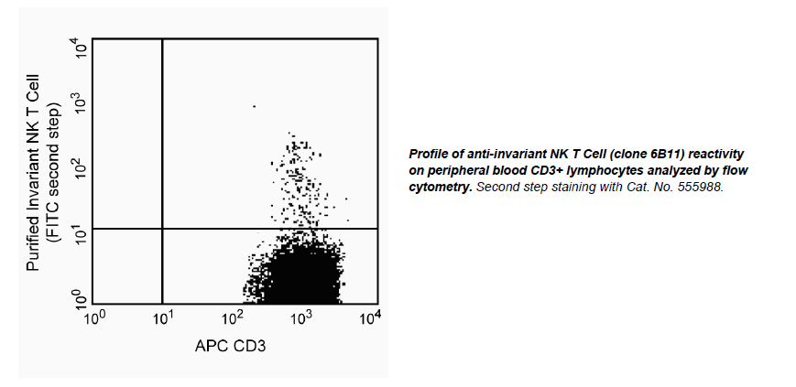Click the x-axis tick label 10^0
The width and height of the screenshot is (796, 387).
pos(94,317)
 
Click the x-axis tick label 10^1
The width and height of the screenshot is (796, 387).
pos(163,317)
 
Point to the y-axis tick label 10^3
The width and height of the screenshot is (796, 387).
pos(80,102)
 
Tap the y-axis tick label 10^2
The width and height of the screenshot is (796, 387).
pos(80,167)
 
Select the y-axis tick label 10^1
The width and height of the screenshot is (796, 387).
pos(80,232)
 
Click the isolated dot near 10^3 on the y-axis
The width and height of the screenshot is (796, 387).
pos(254,107)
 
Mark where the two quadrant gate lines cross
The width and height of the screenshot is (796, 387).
pos(162,228)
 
